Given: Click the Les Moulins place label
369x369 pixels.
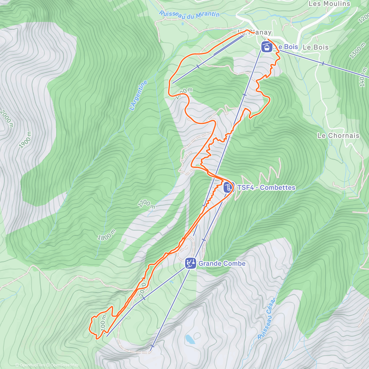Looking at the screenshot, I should [x=329, y=4].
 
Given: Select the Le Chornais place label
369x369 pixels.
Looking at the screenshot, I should [x=338, y=136].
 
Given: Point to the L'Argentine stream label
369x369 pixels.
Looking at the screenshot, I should [x=138, y=95].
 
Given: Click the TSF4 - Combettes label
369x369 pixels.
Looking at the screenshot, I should [x=266, y=188].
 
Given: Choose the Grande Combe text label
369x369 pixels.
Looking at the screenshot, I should [x=222, y=264].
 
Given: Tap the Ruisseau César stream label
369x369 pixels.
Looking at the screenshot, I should [x=267, y=318].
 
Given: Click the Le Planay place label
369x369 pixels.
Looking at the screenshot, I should [x=255, y=32].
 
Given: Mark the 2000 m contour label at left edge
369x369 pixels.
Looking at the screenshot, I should [x=7, y=118].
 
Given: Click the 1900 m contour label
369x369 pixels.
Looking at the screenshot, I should [x=25, y=140].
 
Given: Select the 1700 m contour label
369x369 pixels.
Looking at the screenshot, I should [x=146, y=204].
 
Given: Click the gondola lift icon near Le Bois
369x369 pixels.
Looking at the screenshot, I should [x=267, y=47].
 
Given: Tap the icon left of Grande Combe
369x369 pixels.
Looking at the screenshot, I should [x=191, y=264].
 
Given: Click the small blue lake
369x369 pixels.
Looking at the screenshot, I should [x=190, y=339].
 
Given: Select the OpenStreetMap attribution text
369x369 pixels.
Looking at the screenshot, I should [x=65, y=365].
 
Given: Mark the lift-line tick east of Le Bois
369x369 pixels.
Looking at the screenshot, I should [x=323, y=63].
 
